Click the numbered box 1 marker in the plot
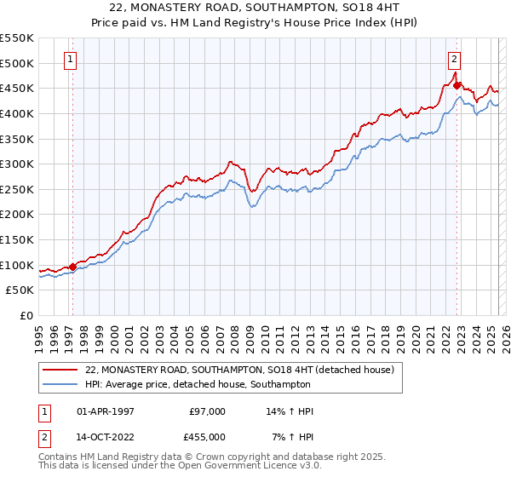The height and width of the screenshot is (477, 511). tap(70, 60)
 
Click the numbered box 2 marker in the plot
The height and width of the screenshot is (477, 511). tap(454, 60)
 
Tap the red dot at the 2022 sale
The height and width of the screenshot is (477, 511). tap(457, 85)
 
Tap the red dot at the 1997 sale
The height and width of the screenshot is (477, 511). tap(72, 267)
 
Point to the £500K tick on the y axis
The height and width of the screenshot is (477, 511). tap(18, 63)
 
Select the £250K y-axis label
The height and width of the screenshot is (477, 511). tap(18, 189)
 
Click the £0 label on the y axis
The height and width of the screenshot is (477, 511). tap(26, 315)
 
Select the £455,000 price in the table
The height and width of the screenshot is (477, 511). tap(207, 437)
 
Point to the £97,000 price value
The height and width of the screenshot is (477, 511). tap(207, 411)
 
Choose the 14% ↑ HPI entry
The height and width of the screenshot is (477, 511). tap(290, 411)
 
